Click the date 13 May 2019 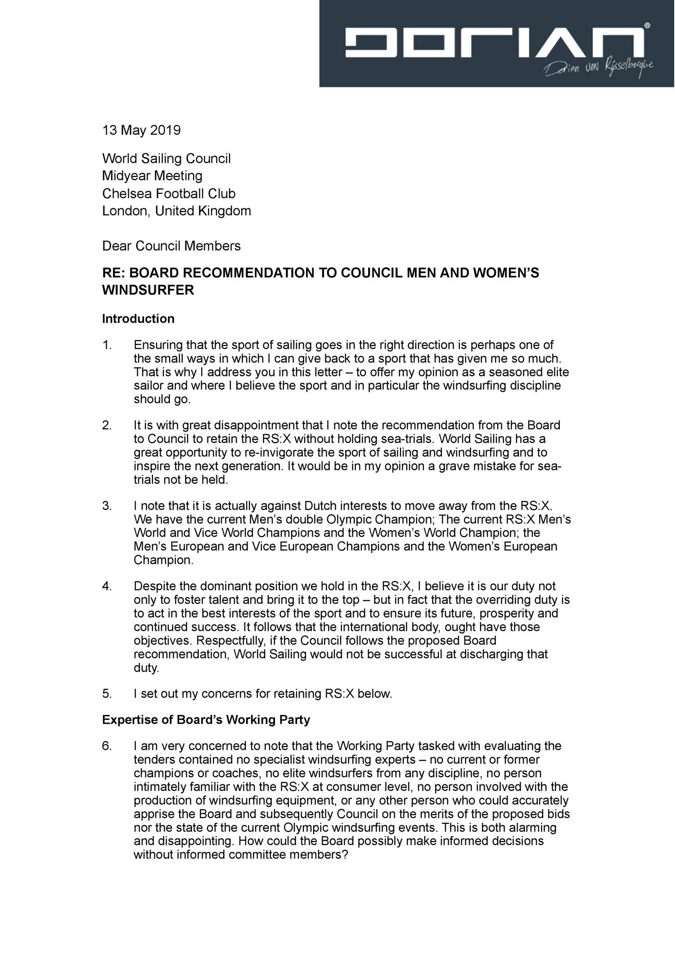[x=141, y=130]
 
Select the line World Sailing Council [x=166, y=158]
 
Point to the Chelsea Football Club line [x=169, y=193]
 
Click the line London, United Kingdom [x=176, y=211]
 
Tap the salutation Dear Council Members [x=171, y=246]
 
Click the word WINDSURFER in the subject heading [x=148, y=290]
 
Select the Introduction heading [x=138, y=319]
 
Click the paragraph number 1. [x=106, y=345]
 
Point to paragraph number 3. [x=106, y=506]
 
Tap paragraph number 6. [x=106, y=746]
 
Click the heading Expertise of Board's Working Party [x=206, y=720]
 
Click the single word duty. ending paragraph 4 [x=146, y=668]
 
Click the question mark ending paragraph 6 [x=345, y=855]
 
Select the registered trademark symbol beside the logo [x=647, y=27]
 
